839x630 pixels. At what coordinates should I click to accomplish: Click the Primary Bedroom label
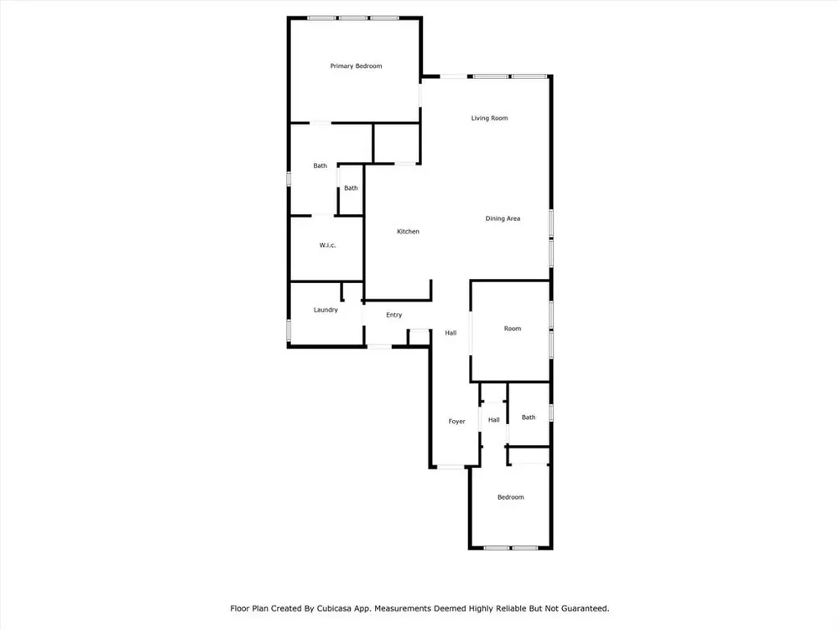point(356,66)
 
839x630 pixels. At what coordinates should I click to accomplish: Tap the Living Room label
point(489,118)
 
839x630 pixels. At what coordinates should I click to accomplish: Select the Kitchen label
point(408,232)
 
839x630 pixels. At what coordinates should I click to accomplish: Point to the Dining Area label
point(503,218)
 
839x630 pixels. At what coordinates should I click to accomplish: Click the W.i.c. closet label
point(327,245)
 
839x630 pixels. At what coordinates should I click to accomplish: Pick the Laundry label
point(326,310)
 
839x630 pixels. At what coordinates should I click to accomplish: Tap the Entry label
point(393,315)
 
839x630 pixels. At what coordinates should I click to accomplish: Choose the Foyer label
point(456,422)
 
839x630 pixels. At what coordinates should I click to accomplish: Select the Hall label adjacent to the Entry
point(451,333)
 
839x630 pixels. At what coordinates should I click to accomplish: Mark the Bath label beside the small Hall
point(528,417)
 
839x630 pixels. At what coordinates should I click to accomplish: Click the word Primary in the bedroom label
point(341,66)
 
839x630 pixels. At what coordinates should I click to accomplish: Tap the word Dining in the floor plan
point(494,218)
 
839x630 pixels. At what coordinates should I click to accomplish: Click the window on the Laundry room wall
point(289,331)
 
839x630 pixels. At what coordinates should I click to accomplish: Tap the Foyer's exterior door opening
point(451,467)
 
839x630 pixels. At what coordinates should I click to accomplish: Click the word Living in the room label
point(479,118)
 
